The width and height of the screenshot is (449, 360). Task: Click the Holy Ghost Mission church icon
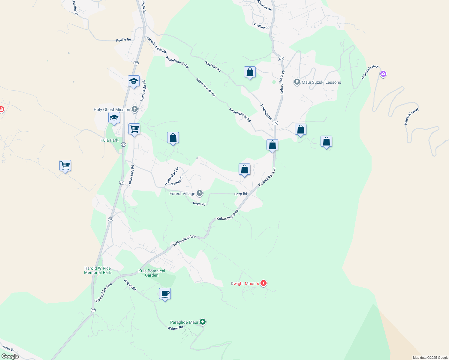[x=135, y=109]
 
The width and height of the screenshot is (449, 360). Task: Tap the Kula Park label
[x=109, y=140]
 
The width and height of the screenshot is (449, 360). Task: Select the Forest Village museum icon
[x=200, y=193]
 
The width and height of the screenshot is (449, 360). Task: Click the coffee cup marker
[x=165, y=294]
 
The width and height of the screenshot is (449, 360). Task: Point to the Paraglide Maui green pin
[x=203, y=322]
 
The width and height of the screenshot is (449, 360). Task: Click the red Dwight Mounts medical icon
[x=264, y=283]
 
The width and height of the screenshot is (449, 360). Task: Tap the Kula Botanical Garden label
[x=152, y=273]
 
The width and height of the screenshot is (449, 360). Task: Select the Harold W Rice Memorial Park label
[x=98, y=270]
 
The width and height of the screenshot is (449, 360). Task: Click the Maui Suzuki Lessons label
[x=321, y=82]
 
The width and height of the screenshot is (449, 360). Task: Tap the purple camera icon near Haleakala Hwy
[x=383, y=74]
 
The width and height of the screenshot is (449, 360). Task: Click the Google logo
[x=10, y=356]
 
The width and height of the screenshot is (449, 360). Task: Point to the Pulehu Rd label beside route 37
[x=123, y=40]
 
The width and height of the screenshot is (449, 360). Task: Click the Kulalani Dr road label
[x=261, y=26]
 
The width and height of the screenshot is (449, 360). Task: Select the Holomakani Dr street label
[x=171, y=176]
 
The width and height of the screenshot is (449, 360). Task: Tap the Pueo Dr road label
[x=8, y=349]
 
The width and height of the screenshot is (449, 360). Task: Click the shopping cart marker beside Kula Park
[x=134, y=129]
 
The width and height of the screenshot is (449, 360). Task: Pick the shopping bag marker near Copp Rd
[x=244, y=169]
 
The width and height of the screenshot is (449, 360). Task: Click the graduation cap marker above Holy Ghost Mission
[x=134, y=81]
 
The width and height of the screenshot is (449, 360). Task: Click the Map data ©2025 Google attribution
[x=430, y=358]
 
